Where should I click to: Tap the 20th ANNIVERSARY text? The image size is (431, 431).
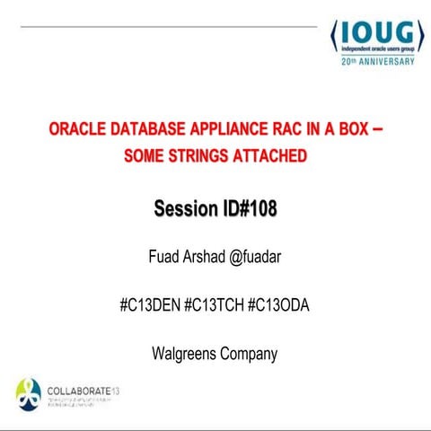(x=378, y=63)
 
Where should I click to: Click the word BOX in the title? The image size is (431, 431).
(x=348, y=129)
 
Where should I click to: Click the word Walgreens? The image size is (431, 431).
(x=187, y=354)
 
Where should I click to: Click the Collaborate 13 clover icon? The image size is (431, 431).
(x=28, y=391)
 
